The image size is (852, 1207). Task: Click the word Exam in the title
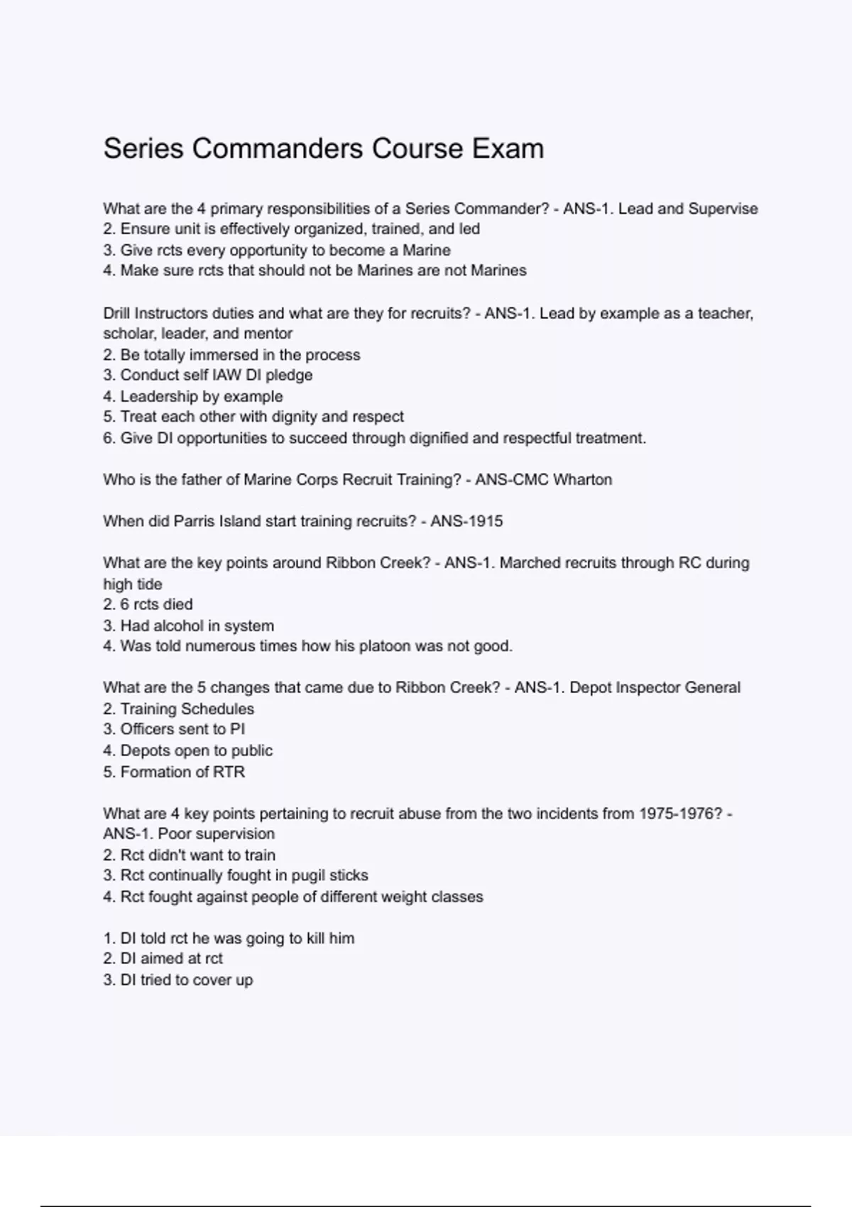[x=508, y=148]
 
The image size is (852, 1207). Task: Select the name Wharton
[x=582, y=480]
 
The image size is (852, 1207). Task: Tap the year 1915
[x=484, y=522]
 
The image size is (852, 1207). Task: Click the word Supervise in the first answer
[x=723, y=209]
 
